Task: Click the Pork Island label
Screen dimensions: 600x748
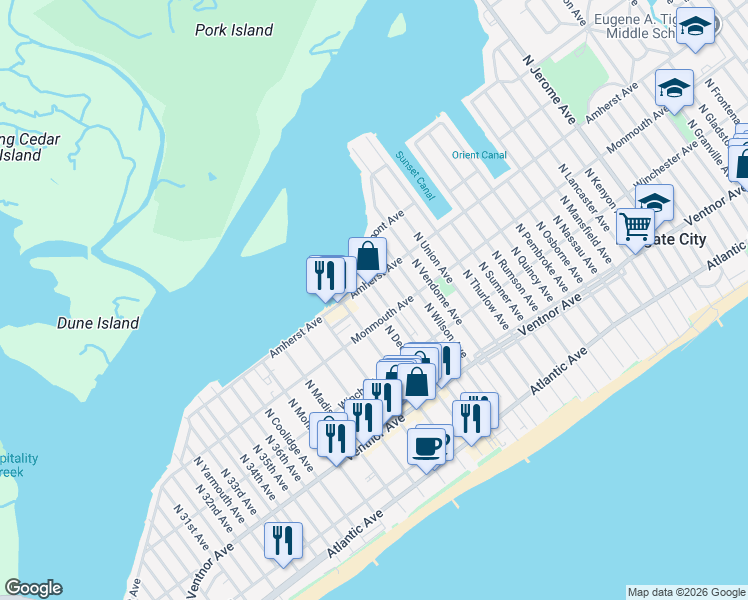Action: click(234, 30)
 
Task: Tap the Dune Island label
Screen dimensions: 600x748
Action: click(97, 324)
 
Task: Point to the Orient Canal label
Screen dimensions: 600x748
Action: click(478, 155)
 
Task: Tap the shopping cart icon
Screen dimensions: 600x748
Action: click(635, 227)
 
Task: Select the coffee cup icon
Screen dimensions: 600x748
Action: click(427, 445)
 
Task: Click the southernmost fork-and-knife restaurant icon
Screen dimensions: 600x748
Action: click(283, 540)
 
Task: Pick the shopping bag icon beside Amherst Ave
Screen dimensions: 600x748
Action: click(367, 255)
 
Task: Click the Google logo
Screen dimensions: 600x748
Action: click(33, 588)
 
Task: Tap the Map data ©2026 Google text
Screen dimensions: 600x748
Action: click(685, 592)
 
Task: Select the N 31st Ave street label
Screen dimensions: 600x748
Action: click(190, 527)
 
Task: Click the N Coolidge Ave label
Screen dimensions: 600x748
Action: click(288, 440)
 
